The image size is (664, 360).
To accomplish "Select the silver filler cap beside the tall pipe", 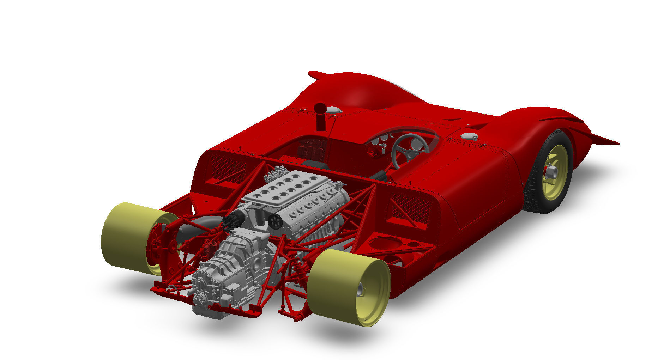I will point(333,110).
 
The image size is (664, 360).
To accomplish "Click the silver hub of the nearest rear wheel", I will point(360,291).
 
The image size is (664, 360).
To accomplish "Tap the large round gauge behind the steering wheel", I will point(416,144).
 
